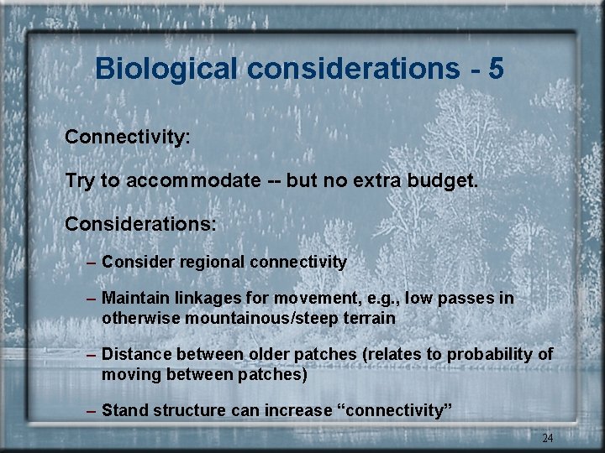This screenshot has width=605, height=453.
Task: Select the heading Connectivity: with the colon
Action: [x=128, y=136]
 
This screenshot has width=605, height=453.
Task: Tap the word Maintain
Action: [x=134, y=299]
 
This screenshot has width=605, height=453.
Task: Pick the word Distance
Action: [x=135, y=355]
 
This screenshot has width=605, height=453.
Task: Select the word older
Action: [x=272, y=355]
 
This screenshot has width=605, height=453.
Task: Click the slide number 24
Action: [x=547, y=438]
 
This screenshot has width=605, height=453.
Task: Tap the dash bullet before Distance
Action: [x=92, y=355]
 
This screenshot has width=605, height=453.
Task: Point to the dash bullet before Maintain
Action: [x=92, y=299]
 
